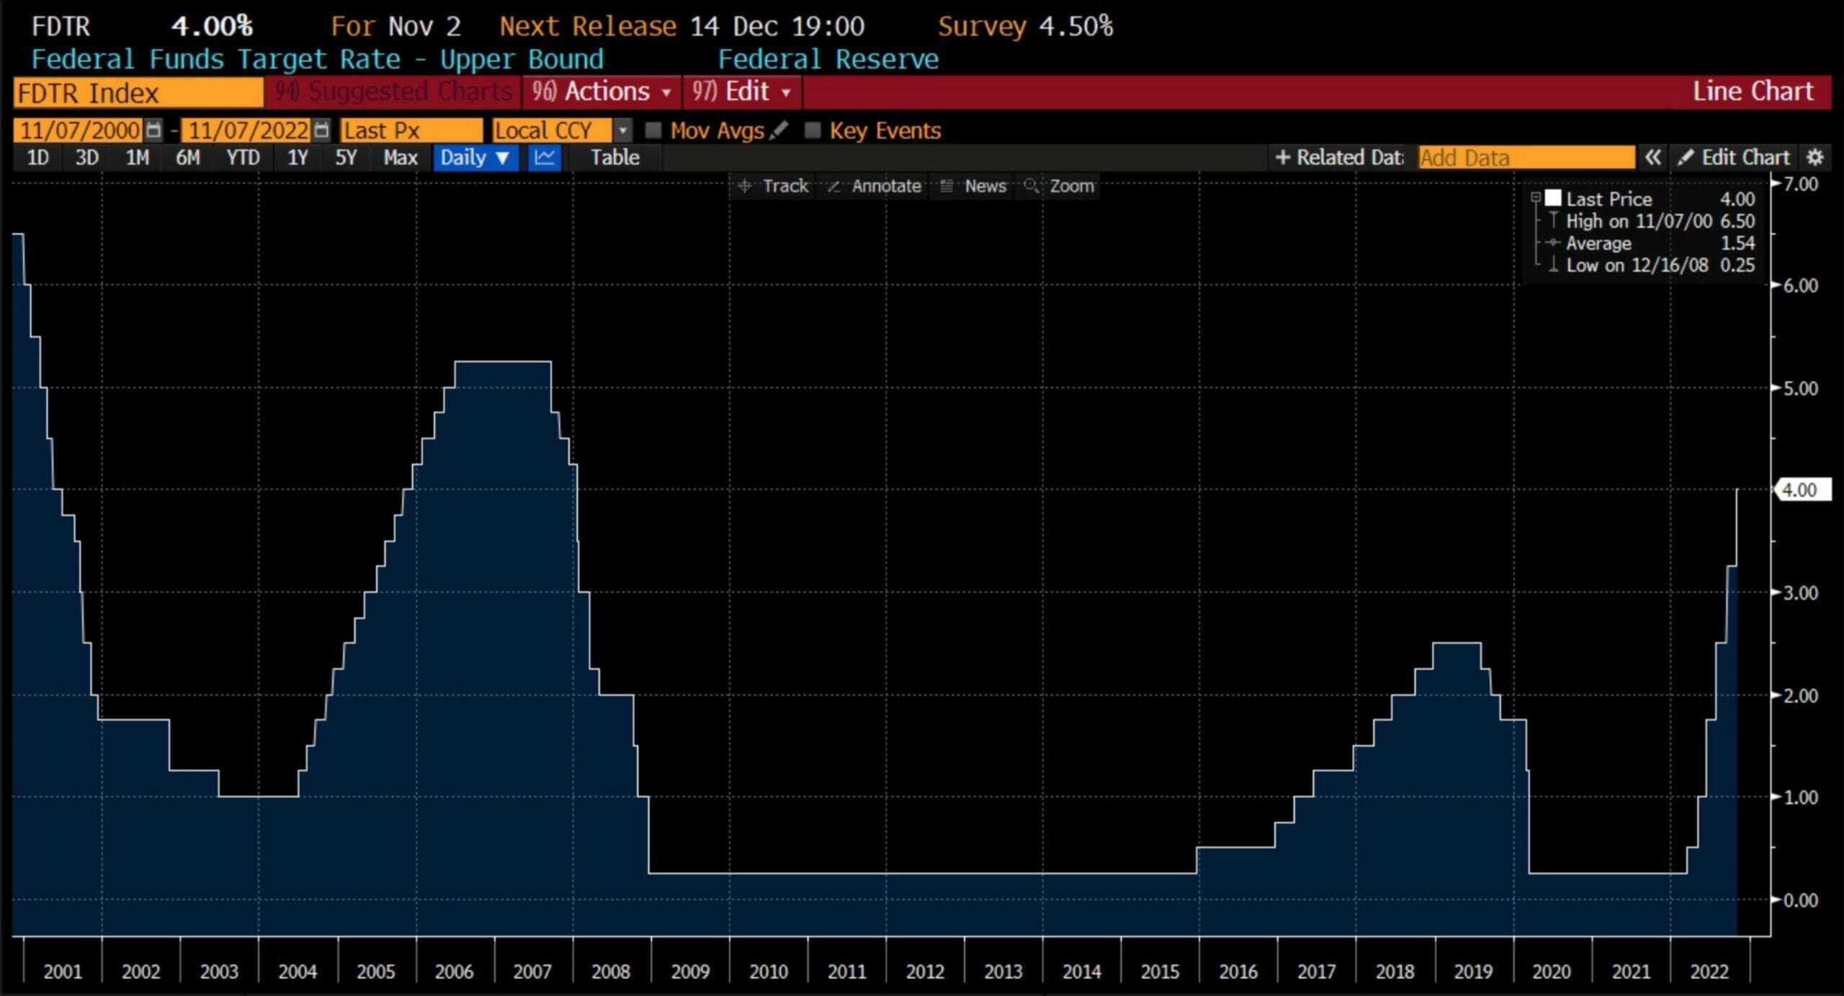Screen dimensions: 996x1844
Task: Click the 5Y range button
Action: click(x=346, y=157)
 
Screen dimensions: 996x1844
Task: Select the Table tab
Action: click(x=614, y=157)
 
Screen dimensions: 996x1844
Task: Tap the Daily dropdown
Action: click(x=475, y=157)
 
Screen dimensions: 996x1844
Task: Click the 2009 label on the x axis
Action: click(x=690, y=972)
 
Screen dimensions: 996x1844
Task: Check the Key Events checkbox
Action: click(x=813, y=130)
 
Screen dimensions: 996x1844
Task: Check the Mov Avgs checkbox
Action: click(x=653, y=130)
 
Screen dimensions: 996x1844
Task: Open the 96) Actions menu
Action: click(x=602, y=91)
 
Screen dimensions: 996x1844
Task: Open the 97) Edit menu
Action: click(x=742, y=91)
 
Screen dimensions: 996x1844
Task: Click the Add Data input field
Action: click(x=1526, y=157)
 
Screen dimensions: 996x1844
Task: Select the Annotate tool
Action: click(x=875, y=186)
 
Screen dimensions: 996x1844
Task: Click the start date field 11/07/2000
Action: click(x=80, y=130)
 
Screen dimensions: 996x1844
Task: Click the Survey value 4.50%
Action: click(x=1075, y=27)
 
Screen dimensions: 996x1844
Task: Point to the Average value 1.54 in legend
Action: click(x=1737, y=243)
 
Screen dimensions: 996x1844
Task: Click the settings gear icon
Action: click(x=1815, y=157)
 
